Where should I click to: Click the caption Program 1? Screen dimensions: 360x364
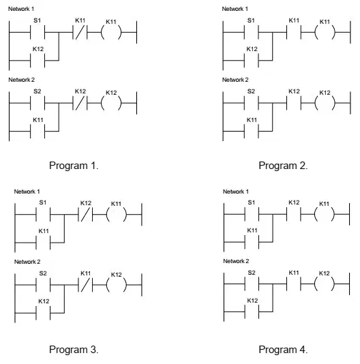coord(74,166)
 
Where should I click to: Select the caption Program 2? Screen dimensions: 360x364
coord(283,166)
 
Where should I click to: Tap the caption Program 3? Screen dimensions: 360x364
coord(74,350)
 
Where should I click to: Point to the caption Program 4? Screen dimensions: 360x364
coord(283,350)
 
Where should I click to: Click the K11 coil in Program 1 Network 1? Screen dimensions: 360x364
coord(111,33)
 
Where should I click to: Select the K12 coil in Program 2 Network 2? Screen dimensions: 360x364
coord(325,103)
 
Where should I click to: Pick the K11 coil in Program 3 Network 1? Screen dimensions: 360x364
coord(117,214)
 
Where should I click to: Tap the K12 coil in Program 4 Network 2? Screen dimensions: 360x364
coord(325,284)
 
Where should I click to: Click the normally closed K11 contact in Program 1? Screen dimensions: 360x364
coord(80,33)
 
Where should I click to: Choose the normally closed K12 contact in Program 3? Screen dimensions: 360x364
coord(85,214)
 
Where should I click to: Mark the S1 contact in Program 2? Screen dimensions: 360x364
coord(251,33)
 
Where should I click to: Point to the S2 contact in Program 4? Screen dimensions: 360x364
coord(252,284)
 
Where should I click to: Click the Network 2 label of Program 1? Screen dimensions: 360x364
coord(22,80)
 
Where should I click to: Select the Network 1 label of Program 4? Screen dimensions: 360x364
coord(236,192)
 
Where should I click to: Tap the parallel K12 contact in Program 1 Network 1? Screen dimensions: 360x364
coord(37,61)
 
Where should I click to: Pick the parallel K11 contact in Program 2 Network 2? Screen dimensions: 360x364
coord(251,131)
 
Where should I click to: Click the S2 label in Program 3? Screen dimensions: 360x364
coord(43,273)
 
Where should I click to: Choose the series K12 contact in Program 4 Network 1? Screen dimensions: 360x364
coord(294,214)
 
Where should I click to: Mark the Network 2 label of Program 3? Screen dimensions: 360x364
coord(27,262)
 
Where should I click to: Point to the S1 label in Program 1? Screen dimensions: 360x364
coord(37,20)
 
